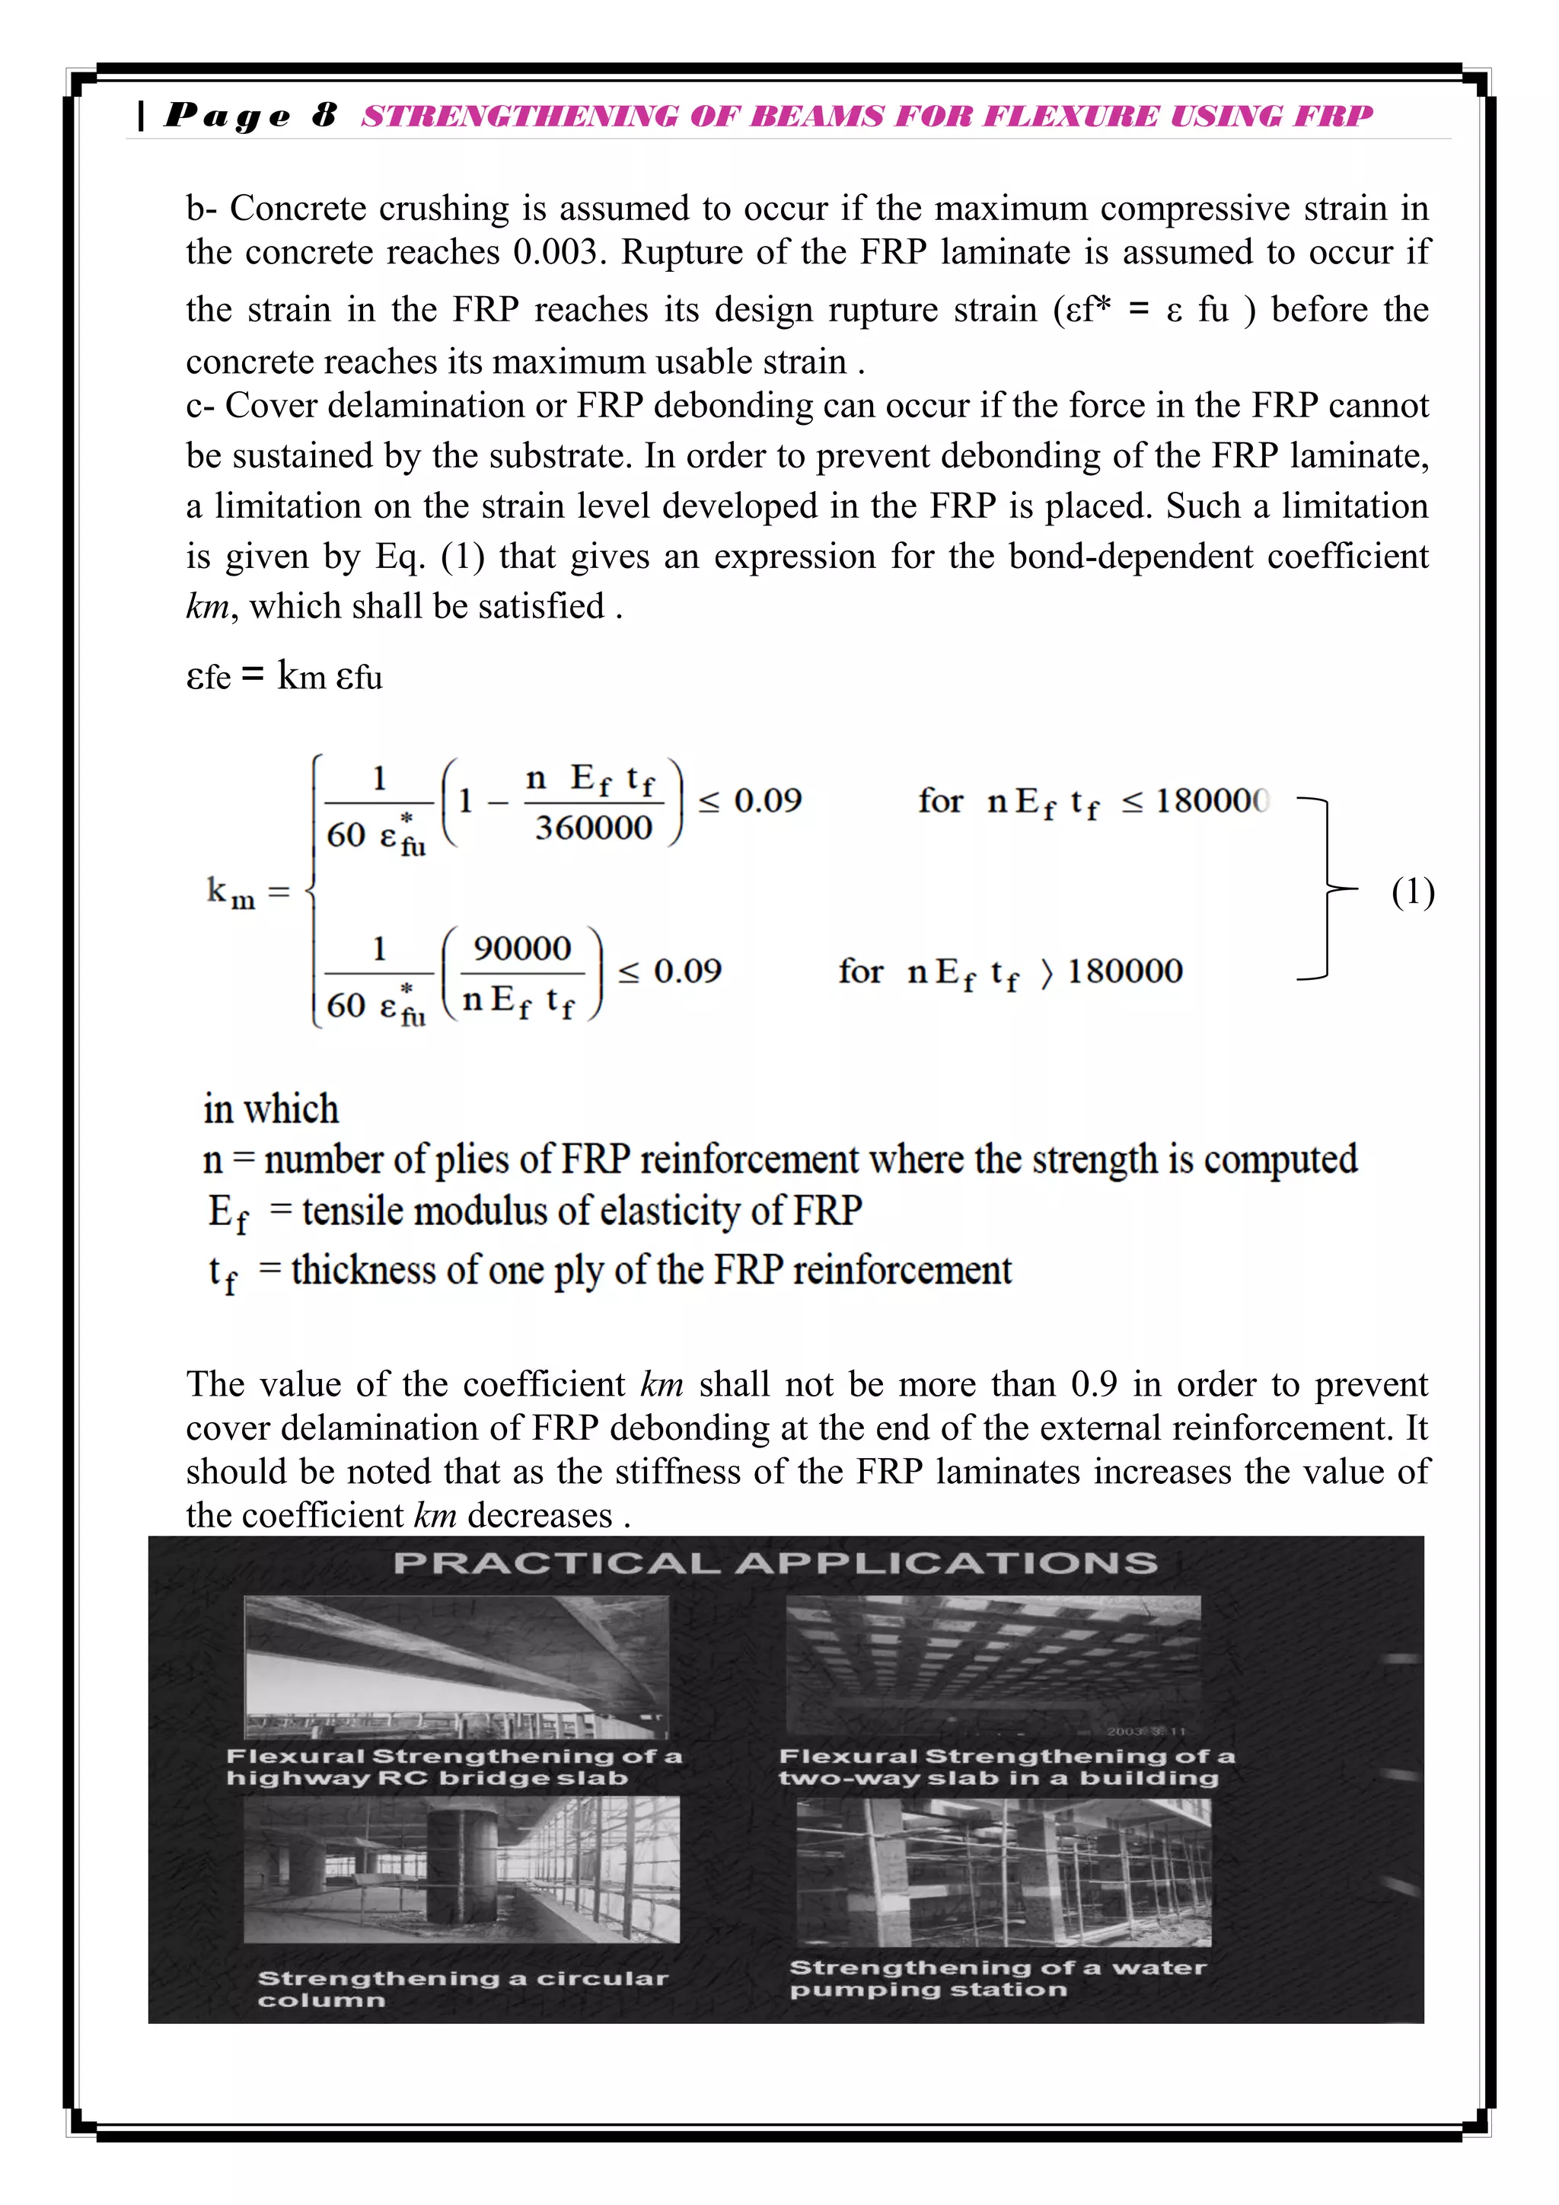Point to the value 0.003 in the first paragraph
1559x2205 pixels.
(x=556, y=253)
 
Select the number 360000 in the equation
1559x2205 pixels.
(x=593, y=828)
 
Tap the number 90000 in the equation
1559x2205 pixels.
(x=522, y=949)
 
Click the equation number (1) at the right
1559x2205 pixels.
(x=1412, y=892)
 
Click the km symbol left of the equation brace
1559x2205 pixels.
(x=231, y=893)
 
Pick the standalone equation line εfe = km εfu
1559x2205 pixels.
(x=284, y=676)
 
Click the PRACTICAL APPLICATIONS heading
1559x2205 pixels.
(x=775, y=1563)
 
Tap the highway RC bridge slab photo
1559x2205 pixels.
(x=456, y=1666)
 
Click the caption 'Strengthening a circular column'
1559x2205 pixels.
(x=462, y=1989)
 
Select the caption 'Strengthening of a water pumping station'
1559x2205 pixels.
(x=996, y=1978)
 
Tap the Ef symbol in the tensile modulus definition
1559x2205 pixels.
(x=228, y=1213)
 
